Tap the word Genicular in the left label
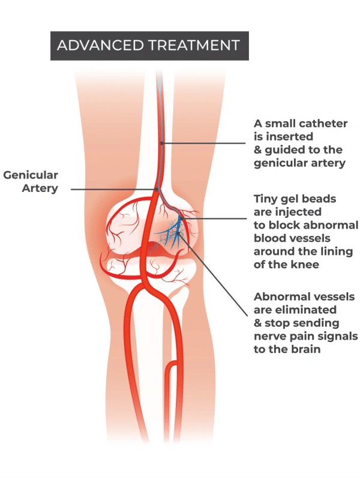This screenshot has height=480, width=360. (x=31, y=176)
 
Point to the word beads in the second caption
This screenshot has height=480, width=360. (x=318, y=199)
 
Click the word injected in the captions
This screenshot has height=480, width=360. (x=300, y=212)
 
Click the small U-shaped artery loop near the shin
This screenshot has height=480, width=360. (x=170, y=368)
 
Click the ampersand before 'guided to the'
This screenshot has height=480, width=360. (x=258, y=149)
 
